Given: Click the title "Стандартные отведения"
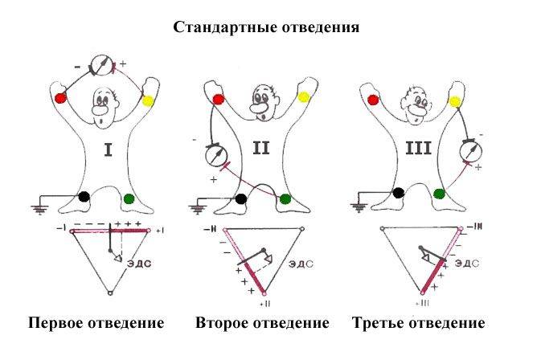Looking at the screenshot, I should (x=266, y=27).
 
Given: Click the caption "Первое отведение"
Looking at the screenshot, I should (x=96, y=323).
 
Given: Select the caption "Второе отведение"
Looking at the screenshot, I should (x=262, y=323).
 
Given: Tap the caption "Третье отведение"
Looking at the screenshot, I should (x=419, y=323).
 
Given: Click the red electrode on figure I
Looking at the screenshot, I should (x=60, y=98).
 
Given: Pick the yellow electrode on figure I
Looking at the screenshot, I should (x=148, y=102).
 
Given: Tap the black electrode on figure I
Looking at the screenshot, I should (x=84, y=195).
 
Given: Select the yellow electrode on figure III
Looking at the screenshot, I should (x=456, y=101).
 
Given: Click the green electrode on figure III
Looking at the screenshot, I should (x=438, y=193).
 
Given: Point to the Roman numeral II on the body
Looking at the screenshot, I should (x=263, y=149).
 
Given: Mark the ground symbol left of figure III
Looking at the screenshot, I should (x=355, y=207).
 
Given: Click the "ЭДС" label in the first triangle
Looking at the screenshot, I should (x=141, y=261).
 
